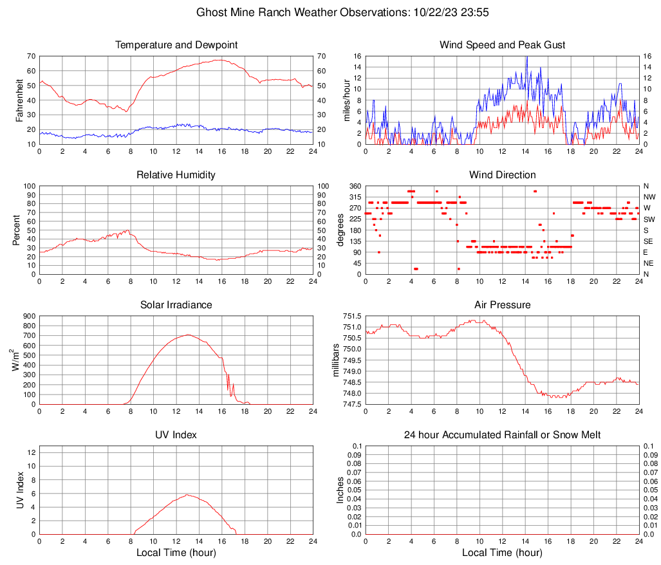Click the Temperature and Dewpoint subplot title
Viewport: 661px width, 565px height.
coord(176,45)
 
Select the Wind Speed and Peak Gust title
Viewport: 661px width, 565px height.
coord(503,45)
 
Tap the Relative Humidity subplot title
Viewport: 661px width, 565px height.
coord(176,175)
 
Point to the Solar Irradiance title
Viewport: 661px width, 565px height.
coord(176,305)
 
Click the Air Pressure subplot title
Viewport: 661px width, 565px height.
coord(503,305)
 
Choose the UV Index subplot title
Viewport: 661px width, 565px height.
coord(176,435)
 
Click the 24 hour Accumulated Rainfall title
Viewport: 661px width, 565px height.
coord(503,435)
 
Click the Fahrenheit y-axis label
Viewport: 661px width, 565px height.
coord(19,100)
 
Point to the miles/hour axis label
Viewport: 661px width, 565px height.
coord(347,100)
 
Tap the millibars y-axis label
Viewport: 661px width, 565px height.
coord(335,360)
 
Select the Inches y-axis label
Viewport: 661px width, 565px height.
coord(340,490)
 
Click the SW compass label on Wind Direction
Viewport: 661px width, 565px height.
coord(649,219)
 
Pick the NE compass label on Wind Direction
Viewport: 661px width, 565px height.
coord(649,263)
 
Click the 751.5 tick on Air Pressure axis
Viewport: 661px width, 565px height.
coord(352,316)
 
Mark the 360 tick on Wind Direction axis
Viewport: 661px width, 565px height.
coord(354,186)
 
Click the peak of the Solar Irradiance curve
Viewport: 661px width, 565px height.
coord(188,335)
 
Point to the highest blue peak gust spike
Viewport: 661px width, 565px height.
coord(526,57)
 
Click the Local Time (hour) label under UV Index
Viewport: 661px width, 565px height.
coord(176,553)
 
